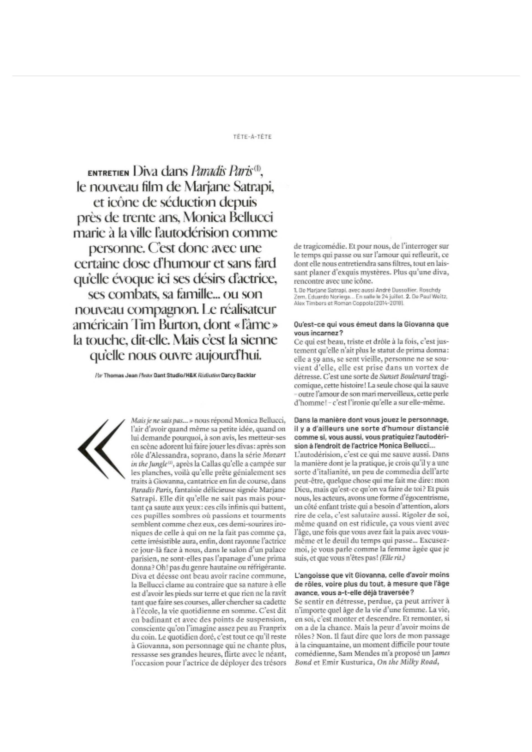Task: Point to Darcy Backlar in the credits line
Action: click(238, 376)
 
